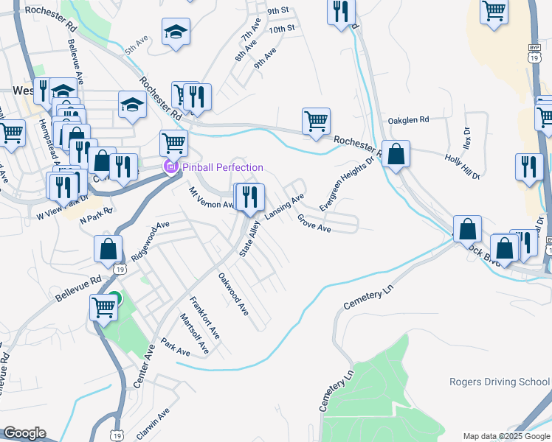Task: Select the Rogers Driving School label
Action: (x=500, y=382)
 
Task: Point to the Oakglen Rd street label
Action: (x=407, y=120)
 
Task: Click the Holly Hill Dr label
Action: (x=463, y=167)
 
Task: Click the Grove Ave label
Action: (x=314, y=223)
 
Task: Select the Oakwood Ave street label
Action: (x=232, y=295)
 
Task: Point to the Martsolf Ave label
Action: (x=195, y=333)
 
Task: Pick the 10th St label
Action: (x=282, y=29)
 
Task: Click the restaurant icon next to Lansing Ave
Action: (x=251, y=196)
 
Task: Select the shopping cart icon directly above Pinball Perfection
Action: (x=173, y=141)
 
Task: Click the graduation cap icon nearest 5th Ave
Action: (x=176, y=32)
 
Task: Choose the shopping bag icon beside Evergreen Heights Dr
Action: (x=396, y=155)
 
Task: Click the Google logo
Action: (x=24, y=433)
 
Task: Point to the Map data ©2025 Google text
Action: (x=506, y=436)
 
